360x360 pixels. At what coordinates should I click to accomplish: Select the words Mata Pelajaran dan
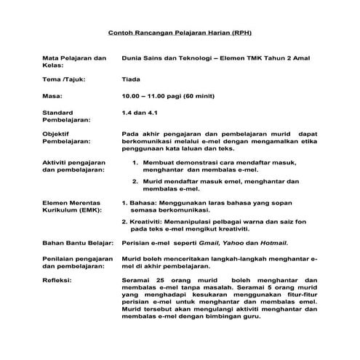pyautogui.click(x=75, y=57)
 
